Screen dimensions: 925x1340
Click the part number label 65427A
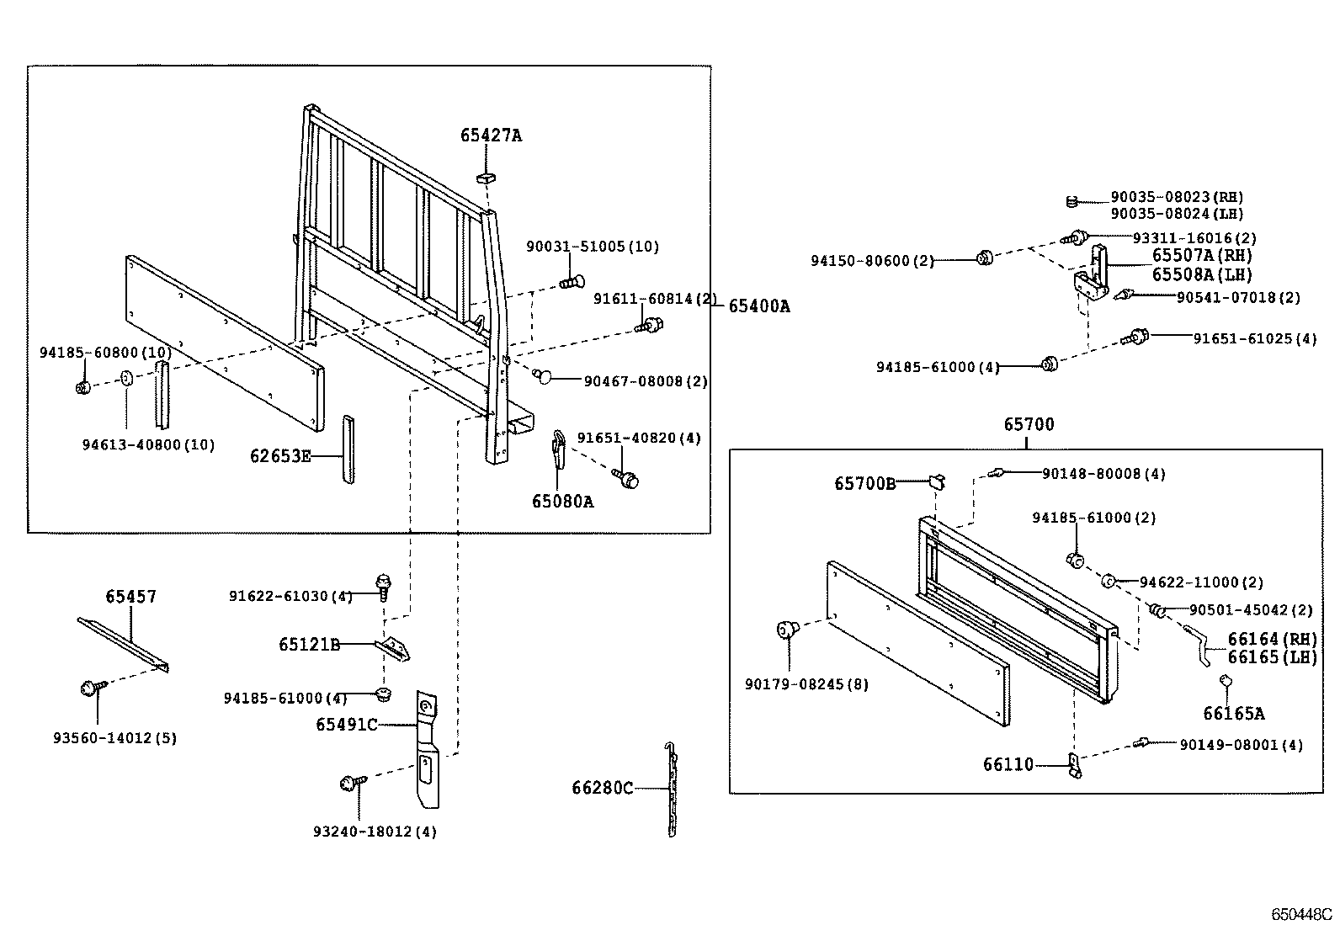491,136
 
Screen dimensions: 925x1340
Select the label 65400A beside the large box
758,306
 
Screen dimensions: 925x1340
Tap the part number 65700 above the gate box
1028,425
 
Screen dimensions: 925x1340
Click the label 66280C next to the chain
602,788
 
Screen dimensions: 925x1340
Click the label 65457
130,597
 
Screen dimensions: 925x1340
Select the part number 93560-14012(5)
114,738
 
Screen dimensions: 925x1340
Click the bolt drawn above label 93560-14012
90,688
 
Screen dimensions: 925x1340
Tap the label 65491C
346,725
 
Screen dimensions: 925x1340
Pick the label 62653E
280,456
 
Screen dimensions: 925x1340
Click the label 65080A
562,502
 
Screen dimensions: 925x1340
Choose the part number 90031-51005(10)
592,247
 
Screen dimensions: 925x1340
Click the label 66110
1008,764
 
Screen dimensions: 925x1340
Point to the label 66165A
1233,714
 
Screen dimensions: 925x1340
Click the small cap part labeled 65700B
938,481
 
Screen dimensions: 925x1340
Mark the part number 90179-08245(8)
806,684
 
